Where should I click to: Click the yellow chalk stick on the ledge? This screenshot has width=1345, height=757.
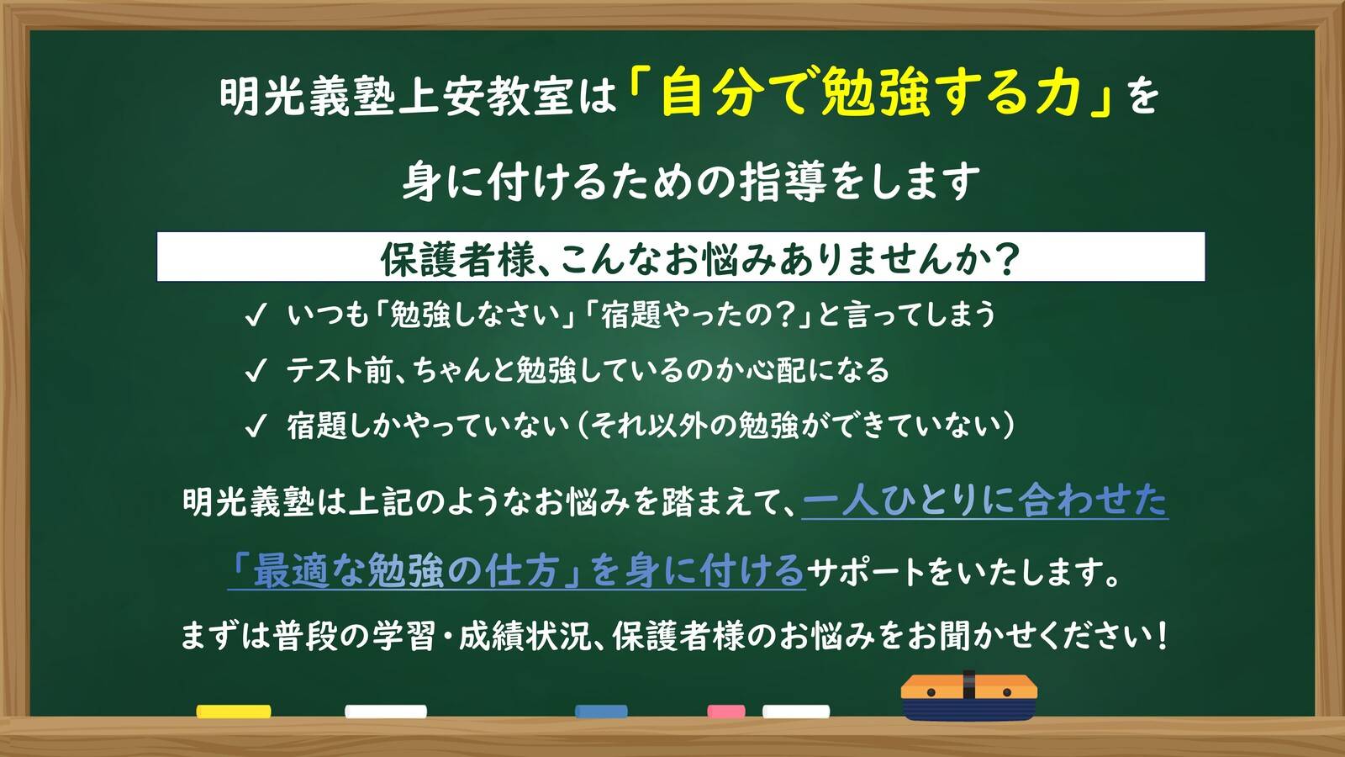[234, 712]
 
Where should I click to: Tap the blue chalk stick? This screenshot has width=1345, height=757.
[601, 712]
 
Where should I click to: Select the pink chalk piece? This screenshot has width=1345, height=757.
[725, 712]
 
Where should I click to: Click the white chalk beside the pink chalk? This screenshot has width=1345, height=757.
[795, 712]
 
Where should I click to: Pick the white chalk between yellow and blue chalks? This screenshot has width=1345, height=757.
[386, 712]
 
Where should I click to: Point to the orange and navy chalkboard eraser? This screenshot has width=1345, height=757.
[968, 697]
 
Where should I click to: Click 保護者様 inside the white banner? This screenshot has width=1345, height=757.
[457, 259]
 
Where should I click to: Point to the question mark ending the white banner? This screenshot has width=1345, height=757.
[1005, 259]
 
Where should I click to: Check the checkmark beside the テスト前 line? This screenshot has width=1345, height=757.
[255, 371]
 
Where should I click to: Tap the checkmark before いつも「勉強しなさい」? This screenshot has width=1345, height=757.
[255, 315]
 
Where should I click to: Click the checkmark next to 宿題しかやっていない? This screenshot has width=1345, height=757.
[255, 426]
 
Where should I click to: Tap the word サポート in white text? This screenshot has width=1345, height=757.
[866, 573]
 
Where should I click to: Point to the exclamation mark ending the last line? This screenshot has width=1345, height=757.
[1162, 636]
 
